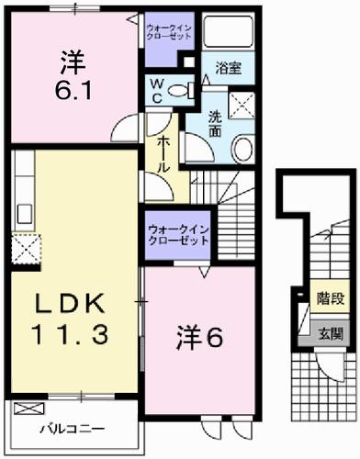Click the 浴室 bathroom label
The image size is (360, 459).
(x=229, y=68)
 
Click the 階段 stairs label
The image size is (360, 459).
(x=329, y=297)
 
